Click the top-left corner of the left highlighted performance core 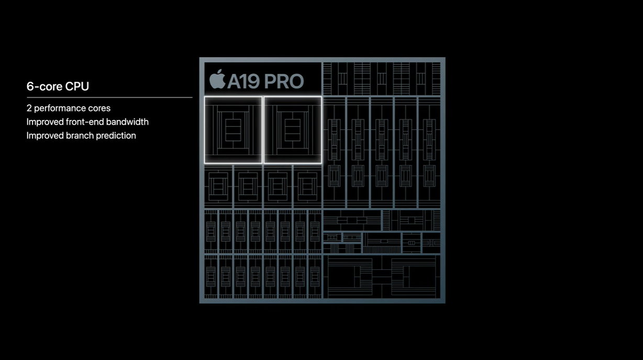(204, 97)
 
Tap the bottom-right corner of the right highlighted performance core (321, 163)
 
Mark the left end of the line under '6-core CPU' (27, 97)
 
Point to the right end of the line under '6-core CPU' (192, 97)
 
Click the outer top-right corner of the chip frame (446, 57)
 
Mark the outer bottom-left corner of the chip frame (199, 303)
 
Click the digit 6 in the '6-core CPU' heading (30, 86)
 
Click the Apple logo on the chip (217, 79)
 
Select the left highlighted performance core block (233, 130)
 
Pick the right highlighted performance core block (293, 130)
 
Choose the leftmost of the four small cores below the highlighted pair (218, 187)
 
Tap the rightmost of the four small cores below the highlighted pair (307, 187)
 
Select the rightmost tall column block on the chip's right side (429, 152)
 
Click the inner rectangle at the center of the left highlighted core (233, 130)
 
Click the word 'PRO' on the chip (284, 81)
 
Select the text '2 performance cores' (68, 108)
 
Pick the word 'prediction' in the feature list (116, 136)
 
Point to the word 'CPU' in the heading (77, 86)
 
